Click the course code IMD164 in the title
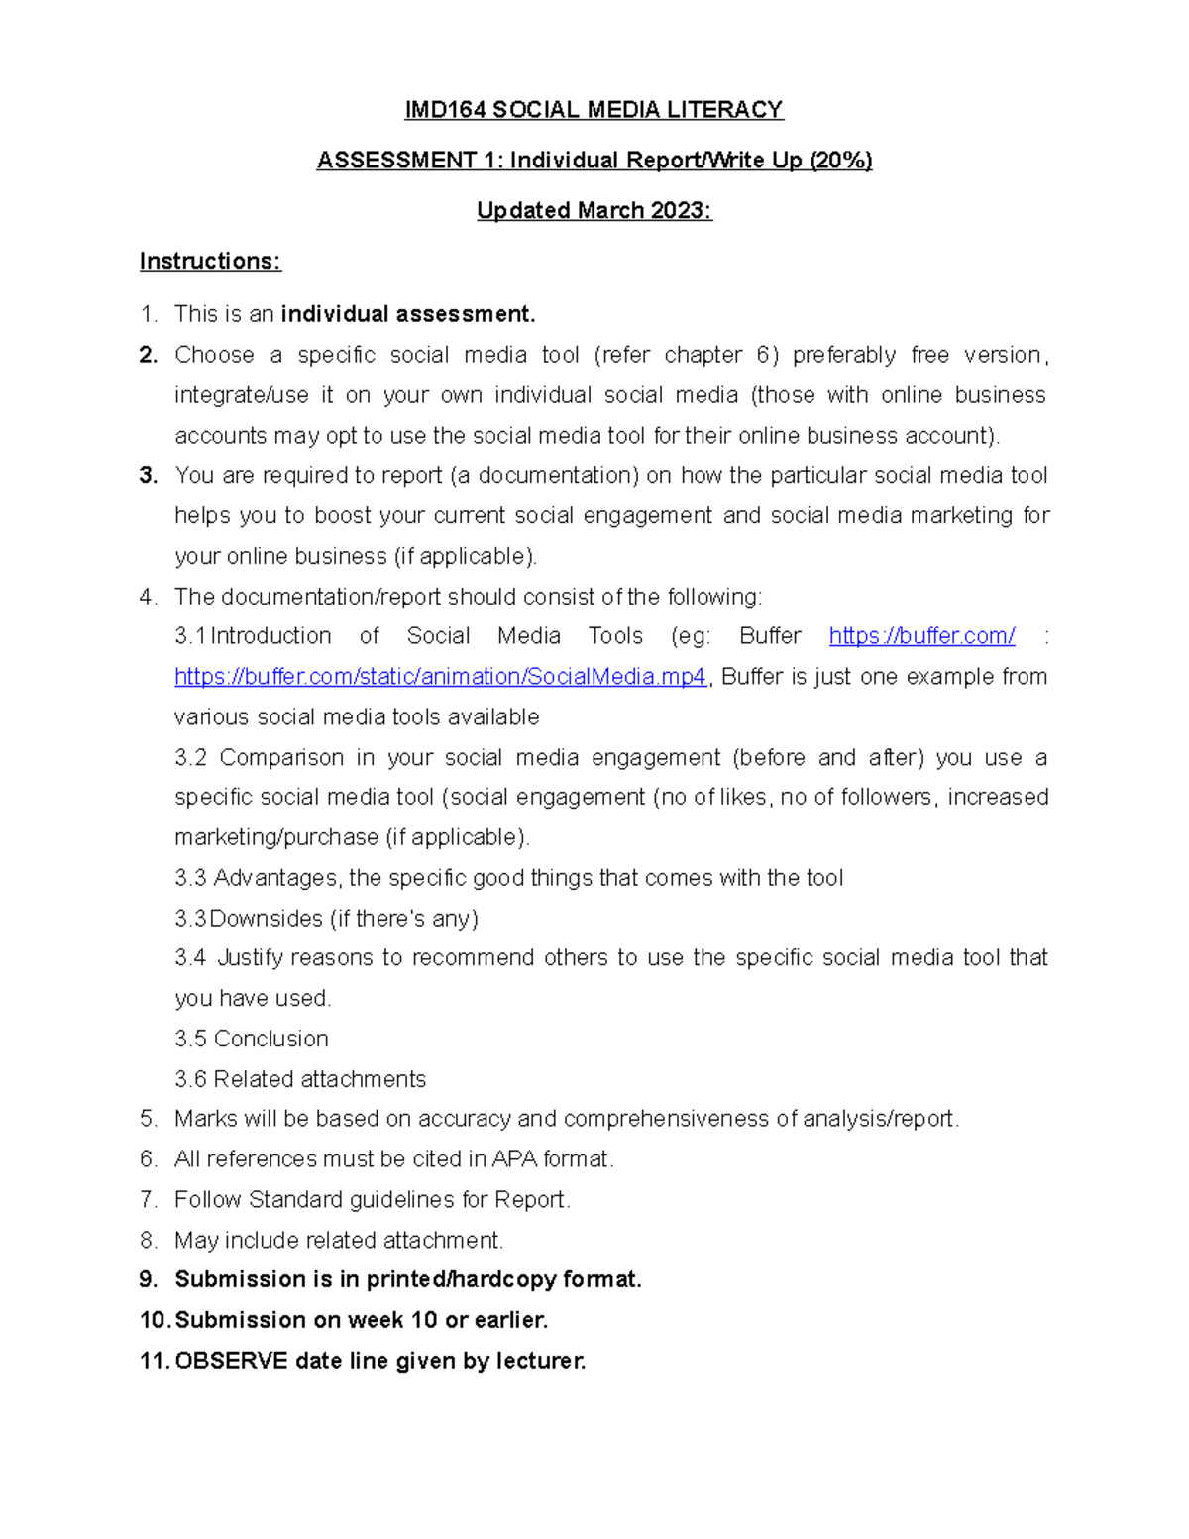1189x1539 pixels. (445, 110)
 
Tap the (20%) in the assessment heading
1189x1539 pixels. (840, 161)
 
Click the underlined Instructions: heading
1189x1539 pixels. (210, 262)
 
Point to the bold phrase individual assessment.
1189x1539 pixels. (407, 315)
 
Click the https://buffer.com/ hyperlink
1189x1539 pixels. (921, 636)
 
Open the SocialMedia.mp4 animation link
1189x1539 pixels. (440, 677)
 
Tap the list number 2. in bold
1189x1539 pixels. (149, 355)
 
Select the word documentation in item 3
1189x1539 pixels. (555, 476)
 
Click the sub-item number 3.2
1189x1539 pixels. (190, 758)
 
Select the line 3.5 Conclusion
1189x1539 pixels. (252, 1039)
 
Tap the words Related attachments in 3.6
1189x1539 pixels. (319, 1079)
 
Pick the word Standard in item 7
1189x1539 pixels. (295, 1200)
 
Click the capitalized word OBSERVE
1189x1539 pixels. (231, 1362)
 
